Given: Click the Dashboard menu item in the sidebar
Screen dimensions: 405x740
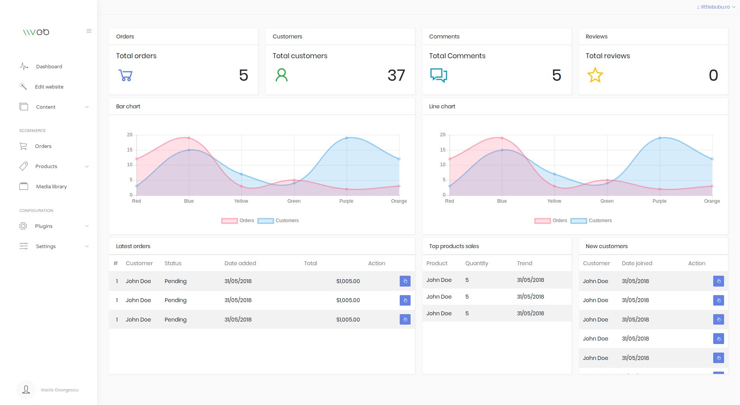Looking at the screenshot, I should click(x=49, y=66).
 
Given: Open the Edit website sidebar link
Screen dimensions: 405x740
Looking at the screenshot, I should click(x=49, y=87).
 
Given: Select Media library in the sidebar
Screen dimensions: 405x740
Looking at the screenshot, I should click(x=51, y=186).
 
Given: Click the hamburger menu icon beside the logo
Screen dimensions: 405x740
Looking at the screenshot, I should click(x=89, y=31).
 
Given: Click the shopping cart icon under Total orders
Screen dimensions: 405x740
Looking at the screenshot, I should click(x=125, y=75).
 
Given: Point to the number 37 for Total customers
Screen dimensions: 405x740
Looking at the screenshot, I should click(x=396, y=75).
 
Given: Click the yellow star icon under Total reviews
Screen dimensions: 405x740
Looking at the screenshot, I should click(x=595, y=75).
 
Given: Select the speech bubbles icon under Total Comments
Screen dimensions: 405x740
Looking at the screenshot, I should click(x=439, y=75).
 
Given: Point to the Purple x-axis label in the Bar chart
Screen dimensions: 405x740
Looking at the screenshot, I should click(x=346, y=201).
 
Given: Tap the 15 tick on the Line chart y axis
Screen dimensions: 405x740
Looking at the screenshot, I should click(x=442, y=150).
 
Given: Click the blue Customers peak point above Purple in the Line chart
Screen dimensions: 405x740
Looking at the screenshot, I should click(x=660, y=138).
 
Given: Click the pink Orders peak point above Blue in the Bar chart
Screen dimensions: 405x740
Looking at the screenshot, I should click(x=189, y=138).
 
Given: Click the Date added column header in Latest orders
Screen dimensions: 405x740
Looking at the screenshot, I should click(x=240, y=263).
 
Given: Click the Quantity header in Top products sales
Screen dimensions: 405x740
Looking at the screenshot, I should click(x=477, y=263).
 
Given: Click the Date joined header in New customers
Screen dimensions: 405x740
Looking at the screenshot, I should click(x=637, y=263).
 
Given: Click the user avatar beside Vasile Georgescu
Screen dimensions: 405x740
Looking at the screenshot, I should click(x=26, y=389).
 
